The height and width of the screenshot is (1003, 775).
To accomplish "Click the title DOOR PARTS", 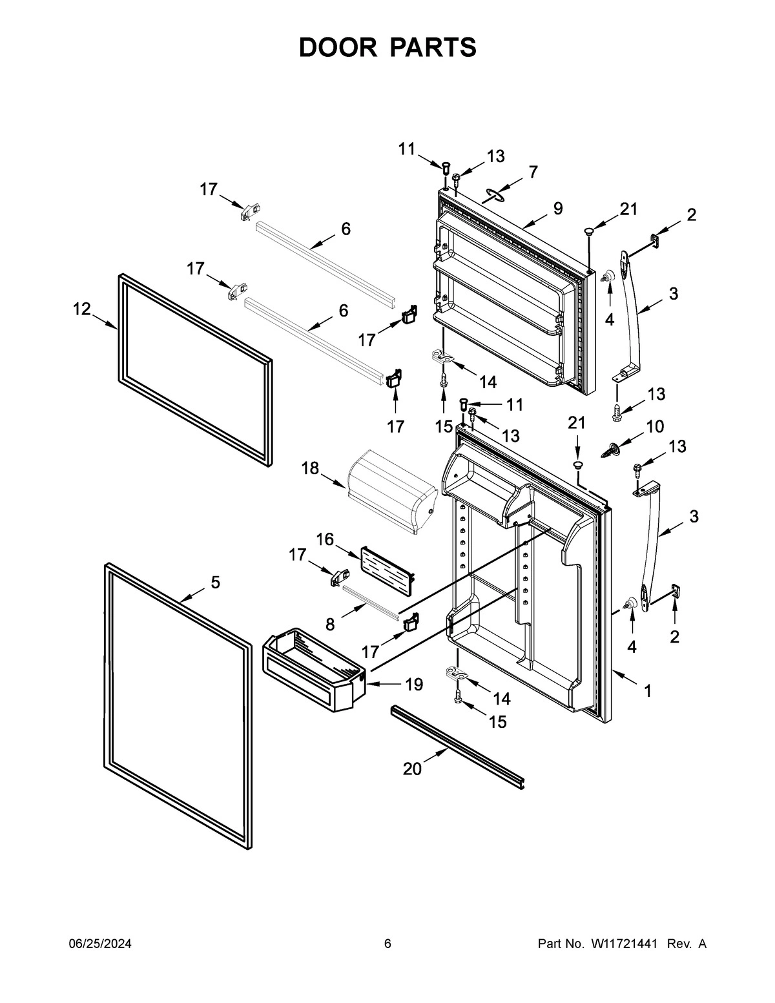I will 387,48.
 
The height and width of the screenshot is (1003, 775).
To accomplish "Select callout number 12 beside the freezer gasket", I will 81,309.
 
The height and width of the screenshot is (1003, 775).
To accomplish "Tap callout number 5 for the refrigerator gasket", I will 215,583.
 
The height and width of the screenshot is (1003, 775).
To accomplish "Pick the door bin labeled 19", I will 313,672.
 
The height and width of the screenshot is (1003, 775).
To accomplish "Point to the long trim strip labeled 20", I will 459,745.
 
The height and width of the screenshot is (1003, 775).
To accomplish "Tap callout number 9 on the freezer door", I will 557,208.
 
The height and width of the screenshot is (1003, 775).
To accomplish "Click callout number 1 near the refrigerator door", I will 647,691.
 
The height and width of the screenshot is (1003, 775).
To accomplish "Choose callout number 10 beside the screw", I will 654,426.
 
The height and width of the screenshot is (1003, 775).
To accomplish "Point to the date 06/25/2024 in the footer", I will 100,944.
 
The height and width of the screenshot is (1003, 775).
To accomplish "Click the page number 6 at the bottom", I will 387,944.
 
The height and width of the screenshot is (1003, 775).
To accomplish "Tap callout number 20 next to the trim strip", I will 412,769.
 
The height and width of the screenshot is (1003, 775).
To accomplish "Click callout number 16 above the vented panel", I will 325,539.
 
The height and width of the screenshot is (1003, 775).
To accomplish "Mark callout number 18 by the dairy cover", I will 310,468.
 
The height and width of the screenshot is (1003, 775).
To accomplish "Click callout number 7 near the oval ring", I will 532,172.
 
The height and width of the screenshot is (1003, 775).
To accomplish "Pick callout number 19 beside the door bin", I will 413,684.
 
